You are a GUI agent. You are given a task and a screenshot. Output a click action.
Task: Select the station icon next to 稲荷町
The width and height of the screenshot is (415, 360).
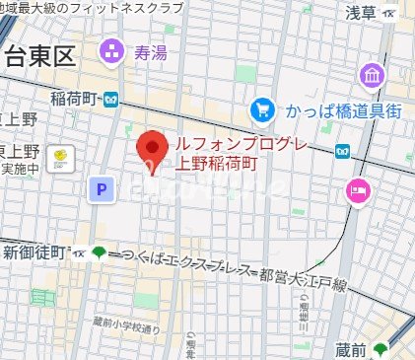coord(111,98)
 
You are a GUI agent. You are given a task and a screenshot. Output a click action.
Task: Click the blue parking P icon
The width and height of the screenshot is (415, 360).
coord(99,189)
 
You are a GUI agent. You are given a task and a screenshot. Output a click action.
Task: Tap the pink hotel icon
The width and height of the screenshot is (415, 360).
coord(357,190)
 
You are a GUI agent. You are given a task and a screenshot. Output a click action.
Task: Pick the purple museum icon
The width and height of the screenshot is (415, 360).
coord(373,75)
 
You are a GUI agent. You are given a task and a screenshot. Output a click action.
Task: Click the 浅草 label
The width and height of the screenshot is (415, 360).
coord(361,12)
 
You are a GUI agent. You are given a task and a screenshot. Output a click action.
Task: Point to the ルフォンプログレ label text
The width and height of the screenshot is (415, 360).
coord(242,146)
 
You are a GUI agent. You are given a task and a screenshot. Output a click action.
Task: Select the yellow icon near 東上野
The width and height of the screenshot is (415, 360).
coord(62,155)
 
